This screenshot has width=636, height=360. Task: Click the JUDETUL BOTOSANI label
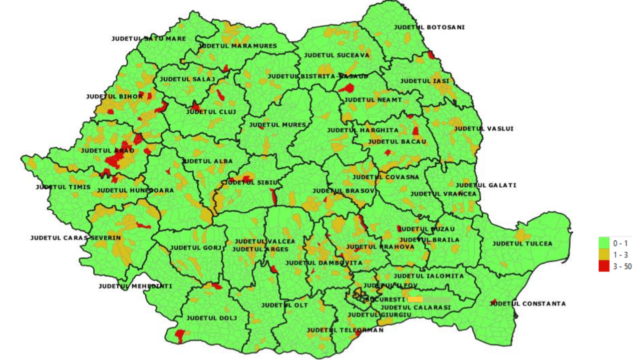(429, 27)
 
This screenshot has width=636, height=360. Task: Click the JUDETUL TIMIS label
(63, 187)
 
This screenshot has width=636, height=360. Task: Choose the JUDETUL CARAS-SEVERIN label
(75, 238)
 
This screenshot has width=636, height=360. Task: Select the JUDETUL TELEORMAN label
(345, 330)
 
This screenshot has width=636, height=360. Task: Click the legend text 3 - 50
(622, 267)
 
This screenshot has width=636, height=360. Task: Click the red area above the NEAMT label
(346, 88)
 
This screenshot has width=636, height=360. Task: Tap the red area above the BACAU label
(415, 131)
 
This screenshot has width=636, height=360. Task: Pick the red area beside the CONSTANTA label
(494, 302)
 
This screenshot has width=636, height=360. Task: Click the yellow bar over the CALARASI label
(415, 299)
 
